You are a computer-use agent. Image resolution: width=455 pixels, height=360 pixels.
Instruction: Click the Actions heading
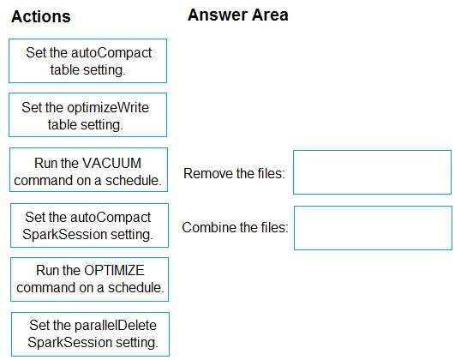tap(41, 16)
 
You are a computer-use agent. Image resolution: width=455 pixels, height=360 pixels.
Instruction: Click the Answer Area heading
tap(238, 15)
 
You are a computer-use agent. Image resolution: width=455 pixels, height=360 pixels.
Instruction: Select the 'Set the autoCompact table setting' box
tap(88, 61)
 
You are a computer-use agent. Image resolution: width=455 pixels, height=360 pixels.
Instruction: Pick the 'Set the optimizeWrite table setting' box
tap(88, 115)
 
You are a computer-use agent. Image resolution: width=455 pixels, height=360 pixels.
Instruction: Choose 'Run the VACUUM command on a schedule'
tap(88, 170)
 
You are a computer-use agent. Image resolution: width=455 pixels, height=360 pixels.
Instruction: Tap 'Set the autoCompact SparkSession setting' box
tap(89, 225)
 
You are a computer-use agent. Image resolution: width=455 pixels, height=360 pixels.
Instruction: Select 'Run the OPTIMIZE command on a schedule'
tap(90, 279)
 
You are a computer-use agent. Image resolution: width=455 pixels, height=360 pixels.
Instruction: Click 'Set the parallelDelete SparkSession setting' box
tap(90, 334)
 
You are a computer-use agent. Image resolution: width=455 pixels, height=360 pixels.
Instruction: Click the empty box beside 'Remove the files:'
tap(372, 172)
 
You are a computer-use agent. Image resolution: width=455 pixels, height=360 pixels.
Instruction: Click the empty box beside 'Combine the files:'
tap(373, 228)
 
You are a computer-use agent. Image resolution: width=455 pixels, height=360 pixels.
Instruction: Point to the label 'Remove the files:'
tap(234, 174)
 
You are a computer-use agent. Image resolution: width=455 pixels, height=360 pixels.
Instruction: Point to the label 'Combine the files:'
tap(235, 227)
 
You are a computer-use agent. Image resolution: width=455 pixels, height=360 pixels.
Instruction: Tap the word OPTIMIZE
tap(114, 270)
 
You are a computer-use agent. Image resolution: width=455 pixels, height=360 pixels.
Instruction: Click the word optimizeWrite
tap(108, 108)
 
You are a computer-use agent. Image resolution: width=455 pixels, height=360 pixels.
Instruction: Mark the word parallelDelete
tap(116, 325)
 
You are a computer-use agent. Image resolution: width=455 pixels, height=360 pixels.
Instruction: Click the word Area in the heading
tap(270, 15)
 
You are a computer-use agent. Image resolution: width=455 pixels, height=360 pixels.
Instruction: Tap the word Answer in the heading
tap(218, 15)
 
